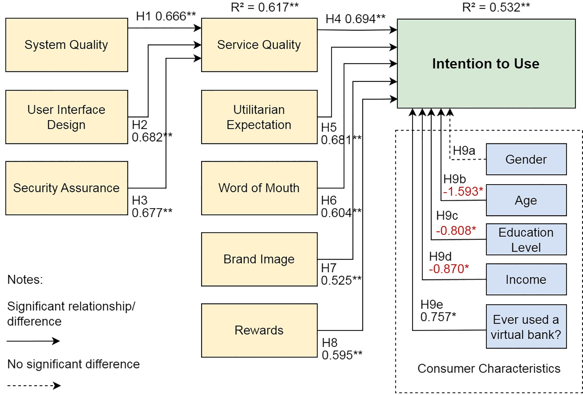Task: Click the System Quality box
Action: (x=67, y=45)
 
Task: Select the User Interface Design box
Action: (x=67, y=117)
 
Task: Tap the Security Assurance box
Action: (x=67, y=188)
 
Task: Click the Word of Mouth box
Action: (x=259, y=188)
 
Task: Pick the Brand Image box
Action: (x=259, y=259)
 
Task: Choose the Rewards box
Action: (x=259, y=330)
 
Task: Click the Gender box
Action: (x=526, y=159)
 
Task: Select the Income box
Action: (x=526, y=279)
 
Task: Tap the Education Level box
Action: (x=526, y=240)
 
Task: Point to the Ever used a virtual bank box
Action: (x=526, y=327)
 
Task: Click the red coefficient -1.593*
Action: (x=463, y=191)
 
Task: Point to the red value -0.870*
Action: (x=449, y=269)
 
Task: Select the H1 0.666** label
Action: (x=166, y=16)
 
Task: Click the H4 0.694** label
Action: (x=355, y=19)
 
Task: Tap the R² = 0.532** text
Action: (x=496, y=7)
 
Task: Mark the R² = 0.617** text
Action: (x=265, y=7)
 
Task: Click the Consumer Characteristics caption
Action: (x=489, y=368)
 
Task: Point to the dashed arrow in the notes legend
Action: (x=34, y=386)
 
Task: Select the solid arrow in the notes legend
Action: (x=33, y=341)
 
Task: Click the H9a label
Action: (x=464, y=151)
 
